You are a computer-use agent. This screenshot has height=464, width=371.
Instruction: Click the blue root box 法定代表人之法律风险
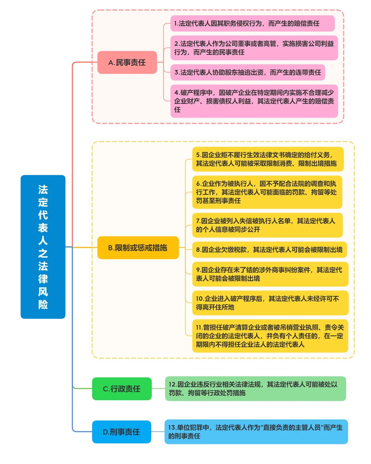(43, 247)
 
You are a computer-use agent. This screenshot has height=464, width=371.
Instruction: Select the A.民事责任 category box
(127, 63)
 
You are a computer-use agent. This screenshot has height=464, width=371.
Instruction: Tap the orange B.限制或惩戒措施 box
(138, 248)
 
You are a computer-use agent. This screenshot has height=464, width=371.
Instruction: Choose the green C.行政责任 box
(122, 389)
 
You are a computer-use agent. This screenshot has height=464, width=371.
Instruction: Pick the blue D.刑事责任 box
(122, 432)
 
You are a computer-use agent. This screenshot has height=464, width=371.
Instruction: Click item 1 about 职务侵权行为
(252, 23)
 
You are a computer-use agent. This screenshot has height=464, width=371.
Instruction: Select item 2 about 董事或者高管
(254, 48)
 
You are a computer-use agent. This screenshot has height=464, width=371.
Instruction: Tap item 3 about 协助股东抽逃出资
(248, 72)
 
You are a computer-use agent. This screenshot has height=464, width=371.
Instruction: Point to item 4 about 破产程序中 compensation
(254, 101)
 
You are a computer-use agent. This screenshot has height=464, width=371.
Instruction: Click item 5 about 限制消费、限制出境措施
(268, 159)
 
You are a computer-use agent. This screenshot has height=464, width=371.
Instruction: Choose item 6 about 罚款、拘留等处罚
(267, 192)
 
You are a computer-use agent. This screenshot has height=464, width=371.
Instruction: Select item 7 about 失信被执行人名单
(267, 225)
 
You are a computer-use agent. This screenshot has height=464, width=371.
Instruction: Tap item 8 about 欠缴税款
(269, 250)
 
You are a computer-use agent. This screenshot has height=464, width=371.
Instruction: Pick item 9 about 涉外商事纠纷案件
(270, 274)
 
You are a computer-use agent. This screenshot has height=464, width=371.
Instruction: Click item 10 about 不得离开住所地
(270, 303)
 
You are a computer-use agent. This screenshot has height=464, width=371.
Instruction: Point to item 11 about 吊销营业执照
(270, 336)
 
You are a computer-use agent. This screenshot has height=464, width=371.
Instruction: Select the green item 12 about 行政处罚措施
(255, 389)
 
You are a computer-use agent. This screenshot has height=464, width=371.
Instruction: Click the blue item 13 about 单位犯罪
(256, 432)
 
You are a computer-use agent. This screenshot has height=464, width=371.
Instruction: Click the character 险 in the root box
(43, 304)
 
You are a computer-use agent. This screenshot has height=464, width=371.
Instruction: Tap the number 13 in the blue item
(172, 428)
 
